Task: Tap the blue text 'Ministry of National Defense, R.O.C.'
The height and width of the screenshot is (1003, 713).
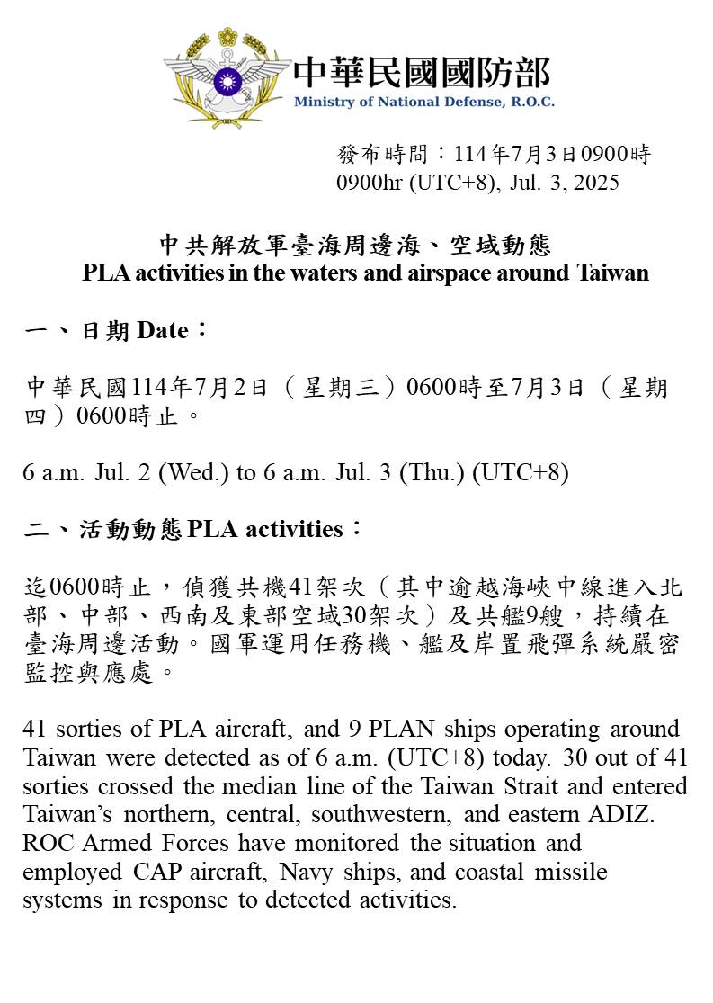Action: coord(423,102)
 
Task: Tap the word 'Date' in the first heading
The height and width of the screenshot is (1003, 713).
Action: coord(163,331)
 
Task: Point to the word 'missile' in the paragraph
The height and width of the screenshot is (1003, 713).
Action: coord(575,872)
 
